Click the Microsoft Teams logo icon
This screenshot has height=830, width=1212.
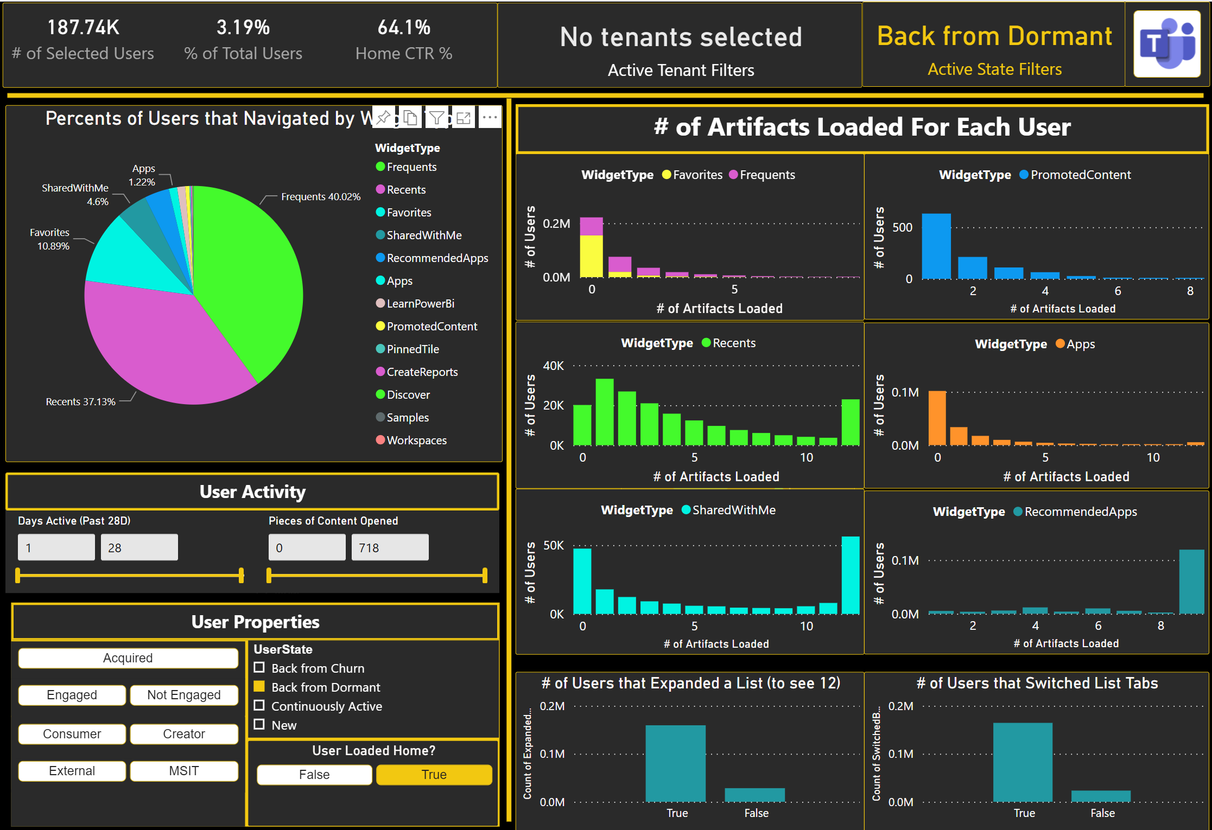tap(1166, 44)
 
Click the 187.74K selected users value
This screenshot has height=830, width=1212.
tap(83, 28)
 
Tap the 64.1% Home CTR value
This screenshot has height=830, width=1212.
tap(404, 28)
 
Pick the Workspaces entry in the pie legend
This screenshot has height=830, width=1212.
tap(416, 440)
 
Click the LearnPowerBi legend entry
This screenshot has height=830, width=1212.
tap(420, 304)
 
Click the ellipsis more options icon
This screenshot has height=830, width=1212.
tap(490, 117)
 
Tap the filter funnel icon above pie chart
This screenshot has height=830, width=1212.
tap(436, 117)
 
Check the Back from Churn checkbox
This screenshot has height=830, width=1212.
tap(259, 668)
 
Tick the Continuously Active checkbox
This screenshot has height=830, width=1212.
tap(259, 706)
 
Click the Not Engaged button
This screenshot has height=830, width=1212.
tap(183, 695)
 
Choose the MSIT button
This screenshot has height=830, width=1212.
tap(183, 771)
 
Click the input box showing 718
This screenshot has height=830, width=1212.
tap(390, 547)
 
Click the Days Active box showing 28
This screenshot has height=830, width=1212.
tap(139, 547)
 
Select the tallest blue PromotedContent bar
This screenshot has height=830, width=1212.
tap(936, 247)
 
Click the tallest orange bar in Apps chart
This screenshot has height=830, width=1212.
tap(937, 418)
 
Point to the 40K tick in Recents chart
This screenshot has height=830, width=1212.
tap(553, 366)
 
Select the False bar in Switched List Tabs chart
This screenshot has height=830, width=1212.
tap(1101, 796)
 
